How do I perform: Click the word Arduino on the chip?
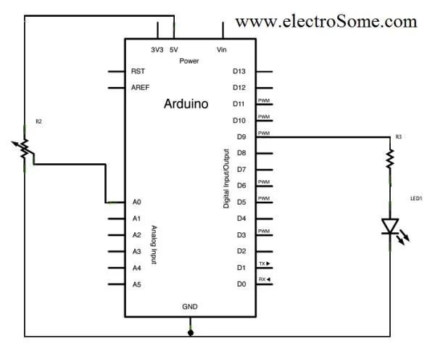click(186, 104)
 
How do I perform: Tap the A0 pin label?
click(136, 202)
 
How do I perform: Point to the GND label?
click(190, 307)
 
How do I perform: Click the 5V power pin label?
click(174, 49)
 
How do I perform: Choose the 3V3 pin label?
click(157, 49)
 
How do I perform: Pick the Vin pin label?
click(222, 49)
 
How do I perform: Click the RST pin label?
click(138, 72)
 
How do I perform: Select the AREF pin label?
click(141, 88)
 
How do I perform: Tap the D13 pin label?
click(240, 71)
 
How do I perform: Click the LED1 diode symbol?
click(390, 227)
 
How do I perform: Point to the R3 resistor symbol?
click(390, 157)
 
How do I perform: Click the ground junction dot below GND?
click(191, 333)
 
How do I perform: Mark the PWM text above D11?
click(264, 100)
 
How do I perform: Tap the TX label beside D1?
click(264, 263)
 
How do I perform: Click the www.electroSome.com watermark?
click(326, 21)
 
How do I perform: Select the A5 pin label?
click(136, 285)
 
